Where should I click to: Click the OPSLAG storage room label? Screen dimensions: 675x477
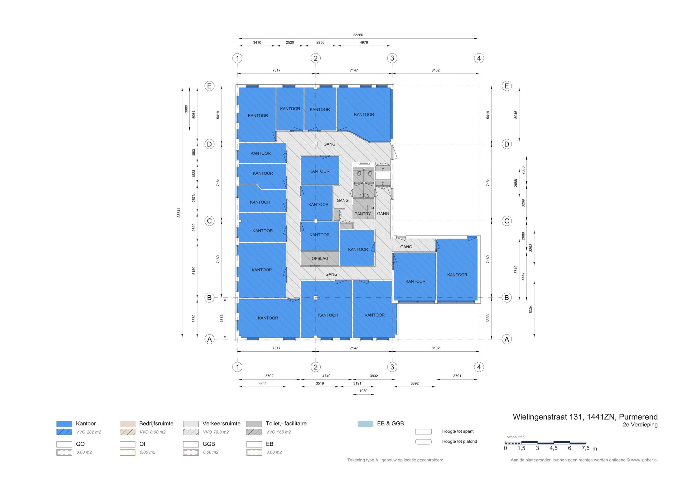pyautogui.click(x=320, y=259)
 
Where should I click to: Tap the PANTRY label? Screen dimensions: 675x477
pyautogui.click(x=363, y=214)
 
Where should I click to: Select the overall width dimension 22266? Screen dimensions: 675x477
pyautogui.click(x=358, y=35)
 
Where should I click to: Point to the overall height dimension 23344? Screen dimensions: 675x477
pyautogui.click(x=179, y=212)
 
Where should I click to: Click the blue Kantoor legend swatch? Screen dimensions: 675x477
pyautogui.click(x=64, y=424)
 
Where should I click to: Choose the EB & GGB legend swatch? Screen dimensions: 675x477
pyautogui.click(x=365, y=424)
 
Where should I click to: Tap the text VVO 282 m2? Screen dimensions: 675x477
pyautogui.click(x=89, y=432)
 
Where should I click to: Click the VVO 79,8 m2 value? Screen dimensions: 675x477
pyautogui.click(x=216, y=432)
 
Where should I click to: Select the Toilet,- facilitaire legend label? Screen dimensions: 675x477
pyautogui.click(x=286, y=424)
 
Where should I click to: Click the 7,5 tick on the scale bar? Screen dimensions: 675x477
pyautogui.click(x=585, y=448)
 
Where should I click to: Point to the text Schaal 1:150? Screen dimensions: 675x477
pyautogui.click(x=517, y=437)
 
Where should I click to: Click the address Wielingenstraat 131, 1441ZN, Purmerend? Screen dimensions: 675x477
pyautogui.click(x=585, y=417)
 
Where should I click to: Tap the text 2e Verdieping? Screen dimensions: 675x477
pyautogui.click(x=640, y=425)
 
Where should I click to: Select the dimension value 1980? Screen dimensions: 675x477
pyautogui.click(x=363, y=391)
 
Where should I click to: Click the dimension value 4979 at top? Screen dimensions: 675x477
pyautogui.click(x=364, y=42)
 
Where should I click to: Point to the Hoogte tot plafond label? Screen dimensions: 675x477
pyautogui.click(x=460, y=441)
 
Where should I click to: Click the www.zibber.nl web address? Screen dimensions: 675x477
pyautogui.click(x=644, y=460)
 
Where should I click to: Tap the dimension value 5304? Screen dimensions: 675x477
pyautogui.click(x=531, y=309)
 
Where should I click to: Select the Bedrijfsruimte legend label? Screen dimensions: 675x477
pyautogui.click(x=156, y=424)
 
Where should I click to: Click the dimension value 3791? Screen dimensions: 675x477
pyautogui.click(x=457, y=376)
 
